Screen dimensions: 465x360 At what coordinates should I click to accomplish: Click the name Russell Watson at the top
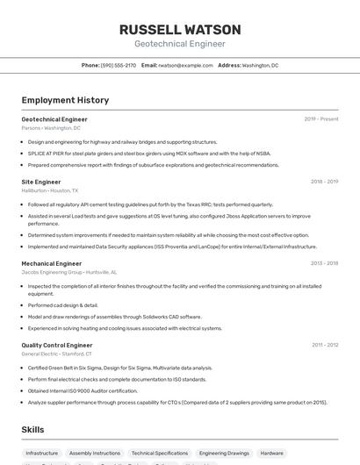click(x=179, y=29)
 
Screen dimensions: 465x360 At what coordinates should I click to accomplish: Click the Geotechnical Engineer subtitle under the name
click(x=179, y=44)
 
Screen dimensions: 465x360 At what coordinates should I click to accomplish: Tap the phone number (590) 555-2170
click(x=119, y=65)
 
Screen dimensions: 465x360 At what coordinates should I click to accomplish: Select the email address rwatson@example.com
click(x=185, y=65)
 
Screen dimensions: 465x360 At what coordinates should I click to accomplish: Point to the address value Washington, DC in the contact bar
click(x=260, y=65)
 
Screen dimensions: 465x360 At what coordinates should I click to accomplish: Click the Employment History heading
click(x=65, y=100)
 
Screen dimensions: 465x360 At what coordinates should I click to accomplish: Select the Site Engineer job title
click(x=41, y=182)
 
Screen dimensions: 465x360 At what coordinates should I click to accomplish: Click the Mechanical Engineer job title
click(x=51, y=263)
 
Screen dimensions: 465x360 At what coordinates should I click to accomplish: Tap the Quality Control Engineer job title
click(x=56, y=345)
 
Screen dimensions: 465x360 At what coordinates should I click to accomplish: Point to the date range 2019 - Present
click(x=320, y=118)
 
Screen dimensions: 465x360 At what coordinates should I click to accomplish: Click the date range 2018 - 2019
click(x=324, y=182)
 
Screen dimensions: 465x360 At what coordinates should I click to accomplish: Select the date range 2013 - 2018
click(x=324, y=263)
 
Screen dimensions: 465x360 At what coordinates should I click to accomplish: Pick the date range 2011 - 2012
click(x=324, y=345)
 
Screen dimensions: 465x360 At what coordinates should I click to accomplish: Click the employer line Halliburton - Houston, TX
click(x=50, y=190)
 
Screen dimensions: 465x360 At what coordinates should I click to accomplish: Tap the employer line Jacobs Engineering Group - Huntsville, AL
click(x=68, y=272)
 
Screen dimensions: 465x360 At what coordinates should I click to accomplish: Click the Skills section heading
click(x=33, y=429)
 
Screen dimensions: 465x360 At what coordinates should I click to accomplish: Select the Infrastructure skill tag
click(x=42, y=454)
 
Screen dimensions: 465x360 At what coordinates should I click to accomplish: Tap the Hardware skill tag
click(x=271, y=454)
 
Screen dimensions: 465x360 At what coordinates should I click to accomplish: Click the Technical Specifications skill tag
click(x=160, y=454)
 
